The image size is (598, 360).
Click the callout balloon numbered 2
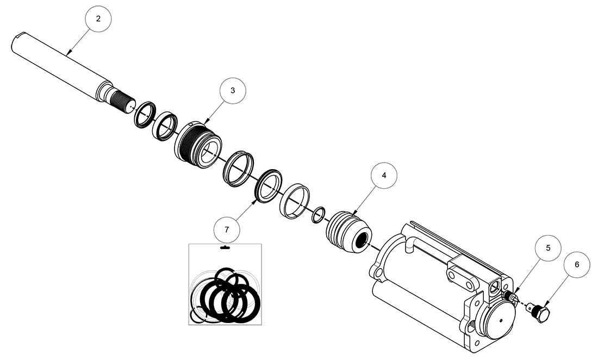[98, 18]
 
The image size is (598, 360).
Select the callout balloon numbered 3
[232, 91]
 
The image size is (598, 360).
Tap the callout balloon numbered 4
[384, 176]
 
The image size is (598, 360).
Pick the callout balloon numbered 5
[548, 248]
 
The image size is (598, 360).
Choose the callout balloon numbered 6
[577, 264]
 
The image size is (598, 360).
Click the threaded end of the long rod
[122, 100]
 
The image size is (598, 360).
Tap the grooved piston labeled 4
[348, 231]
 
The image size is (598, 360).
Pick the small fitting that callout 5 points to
[511, 296]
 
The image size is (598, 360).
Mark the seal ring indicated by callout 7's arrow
[269, 187]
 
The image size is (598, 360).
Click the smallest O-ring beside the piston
[318, 215]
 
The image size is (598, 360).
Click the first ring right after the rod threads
[145, 115]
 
